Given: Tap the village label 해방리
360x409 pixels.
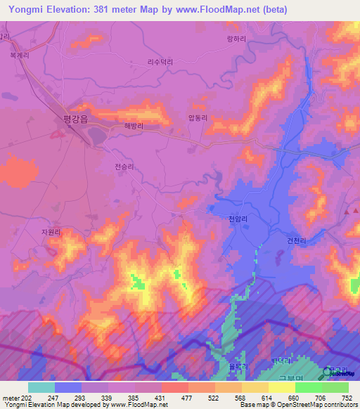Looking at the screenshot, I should (x=134, y=126).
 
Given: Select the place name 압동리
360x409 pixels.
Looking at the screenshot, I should (x=198, y=119).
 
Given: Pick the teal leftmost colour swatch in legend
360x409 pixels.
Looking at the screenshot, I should (x=41, y=387).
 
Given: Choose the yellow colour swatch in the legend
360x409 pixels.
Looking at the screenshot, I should (x=282, y=387).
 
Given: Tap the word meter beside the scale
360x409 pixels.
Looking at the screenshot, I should (x=10, y=398).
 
